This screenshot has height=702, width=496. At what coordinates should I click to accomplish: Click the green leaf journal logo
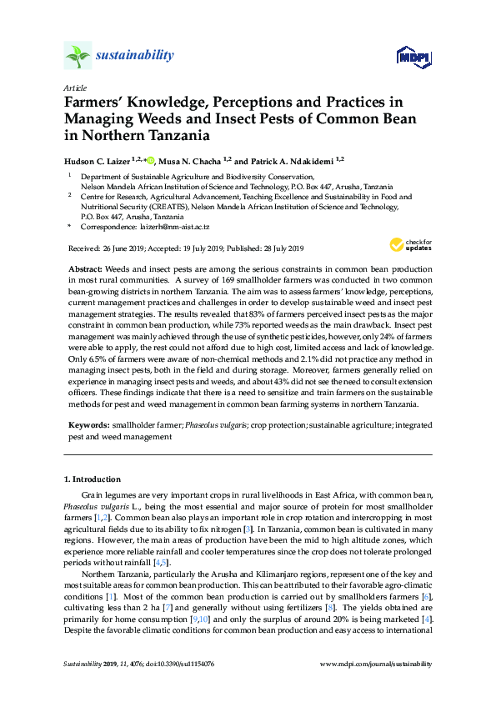[x=78, y=56]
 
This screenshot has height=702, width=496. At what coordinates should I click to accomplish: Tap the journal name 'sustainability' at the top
[x=136, y=56]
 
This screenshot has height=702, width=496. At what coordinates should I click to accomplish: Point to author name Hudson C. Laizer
[x=100, y=160]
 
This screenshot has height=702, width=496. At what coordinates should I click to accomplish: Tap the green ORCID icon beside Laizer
[x=152, y=159]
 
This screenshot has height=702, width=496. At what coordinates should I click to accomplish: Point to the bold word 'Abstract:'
[x=83, y=270]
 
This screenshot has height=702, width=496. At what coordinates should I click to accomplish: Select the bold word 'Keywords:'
[x=88, y=425]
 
